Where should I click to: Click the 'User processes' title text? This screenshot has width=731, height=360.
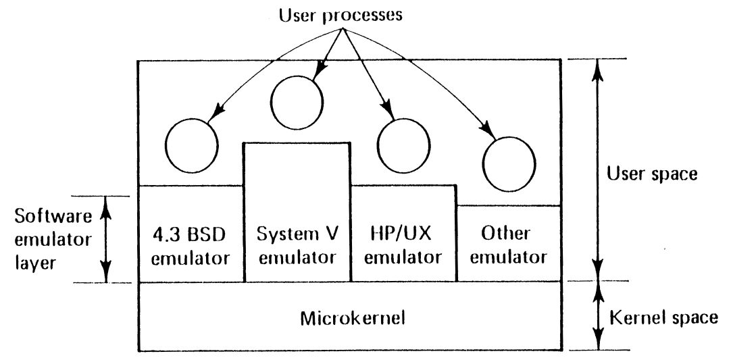345,14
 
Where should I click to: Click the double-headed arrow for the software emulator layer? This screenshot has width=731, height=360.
105,238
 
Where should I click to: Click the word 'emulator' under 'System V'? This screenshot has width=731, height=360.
297,257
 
